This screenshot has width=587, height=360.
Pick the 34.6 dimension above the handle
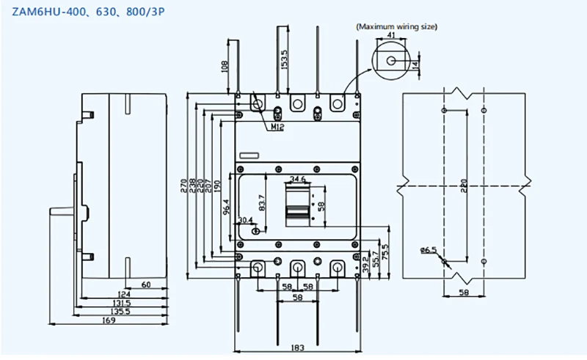click(x=298, y=178)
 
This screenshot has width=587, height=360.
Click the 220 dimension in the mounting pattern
click(x=464, y=187)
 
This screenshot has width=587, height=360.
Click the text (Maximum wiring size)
click(x=396, y=26)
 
